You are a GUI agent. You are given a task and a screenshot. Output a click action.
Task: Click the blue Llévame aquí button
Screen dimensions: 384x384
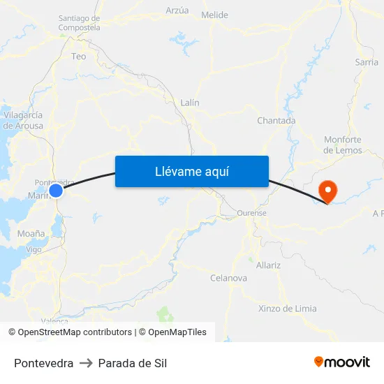click(192, 171)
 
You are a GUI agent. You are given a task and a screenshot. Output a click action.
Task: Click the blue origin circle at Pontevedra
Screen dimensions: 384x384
click(56, 190)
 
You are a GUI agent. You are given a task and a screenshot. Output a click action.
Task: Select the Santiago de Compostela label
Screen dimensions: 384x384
click(79, 23)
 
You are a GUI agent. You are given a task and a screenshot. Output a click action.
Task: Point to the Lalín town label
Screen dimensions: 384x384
click(190, 103)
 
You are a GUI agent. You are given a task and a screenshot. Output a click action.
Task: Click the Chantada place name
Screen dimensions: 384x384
click(276, 121)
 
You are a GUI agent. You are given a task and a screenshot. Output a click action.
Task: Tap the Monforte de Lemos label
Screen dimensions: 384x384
click(343, 145)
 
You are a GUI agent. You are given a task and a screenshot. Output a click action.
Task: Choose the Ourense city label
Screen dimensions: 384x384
click(252, 213)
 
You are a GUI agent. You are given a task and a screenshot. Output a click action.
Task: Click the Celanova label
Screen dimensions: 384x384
click(228, 278)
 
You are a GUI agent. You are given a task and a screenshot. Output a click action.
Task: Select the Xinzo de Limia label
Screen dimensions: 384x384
click(287, 309)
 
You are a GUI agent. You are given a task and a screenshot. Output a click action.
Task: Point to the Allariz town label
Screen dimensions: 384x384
click(268, 265)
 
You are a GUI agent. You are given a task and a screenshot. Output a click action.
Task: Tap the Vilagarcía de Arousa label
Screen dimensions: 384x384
click(23, 120)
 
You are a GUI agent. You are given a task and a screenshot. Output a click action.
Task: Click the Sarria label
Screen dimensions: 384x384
click(367, 62)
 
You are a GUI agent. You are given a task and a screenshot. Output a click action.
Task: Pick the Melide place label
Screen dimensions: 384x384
click(214, 15)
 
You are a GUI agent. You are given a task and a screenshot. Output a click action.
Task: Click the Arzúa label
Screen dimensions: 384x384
click(177, 10)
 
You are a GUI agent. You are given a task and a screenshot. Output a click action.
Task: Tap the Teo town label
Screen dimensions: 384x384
click(79, 57)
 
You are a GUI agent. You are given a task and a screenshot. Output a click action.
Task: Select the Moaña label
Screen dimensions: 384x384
click(31, 234)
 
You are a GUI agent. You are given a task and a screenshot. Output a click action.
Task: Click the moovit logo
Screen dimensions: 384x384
click(342, 362)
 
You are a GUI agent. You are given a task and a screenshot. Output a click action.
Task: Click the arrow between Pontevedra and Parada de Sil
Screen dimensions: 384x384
click(86, 363)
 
